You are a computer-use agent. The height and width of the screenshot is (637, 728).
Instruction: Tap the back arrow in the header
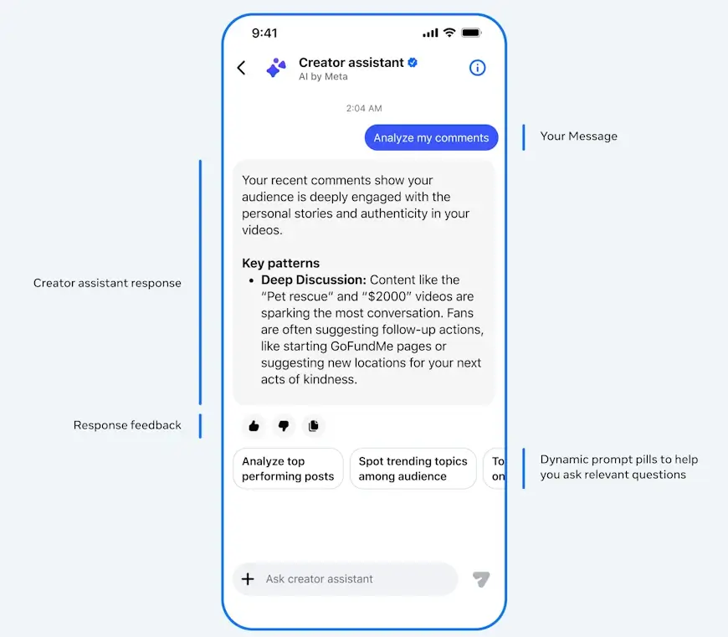[x=242, y=68]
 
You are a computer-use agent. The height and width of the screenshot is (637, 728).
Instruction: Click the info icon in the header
[x=477, y=68]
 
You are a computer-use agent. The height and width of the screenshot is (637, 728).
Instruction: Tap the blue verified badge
[x=413, y=62]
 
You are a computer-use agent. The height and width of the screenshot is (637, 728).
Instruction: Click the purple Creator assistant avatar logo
[x=276, y=68]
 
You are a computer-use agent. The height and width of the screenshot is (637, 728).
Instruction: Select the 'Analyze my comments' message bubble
[x=431, y=137]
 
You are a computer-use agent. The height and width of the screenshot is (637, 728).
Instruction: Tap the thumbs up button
[x=254, y=426]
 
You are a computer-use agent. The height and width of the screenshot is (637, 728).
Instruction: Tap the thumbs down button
[x=284, y=426]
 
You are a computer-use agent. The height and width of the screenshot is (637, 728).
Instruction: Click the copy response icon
[x=314, y=426]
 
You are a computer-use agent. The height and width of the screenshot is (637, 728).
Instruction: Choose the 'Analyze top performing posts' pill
[x=288, y=469]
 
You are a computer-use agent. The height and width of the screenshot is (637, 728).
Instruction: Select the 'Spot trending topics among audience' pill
[x=413, y=469]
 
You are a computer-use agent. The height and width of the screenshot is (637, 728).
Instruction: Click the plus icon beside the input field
[x=248, y=579]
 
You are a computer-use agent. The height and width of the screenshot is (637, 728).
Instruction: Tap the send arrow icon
[x=481, y=579]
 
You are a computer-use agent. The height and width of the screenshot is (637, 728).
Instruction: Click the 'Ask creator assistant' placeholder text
[x=320, y=579]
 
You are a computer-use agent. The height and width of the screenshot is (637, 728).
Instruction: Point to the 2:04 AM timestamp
[x=364, y=108]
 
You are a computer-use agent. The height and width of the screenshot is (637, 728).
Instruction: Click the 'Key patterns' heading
[x=281, y=263]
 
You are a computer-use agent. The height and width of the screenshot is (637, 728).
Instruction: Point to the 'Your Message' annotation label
[x=578, y=136]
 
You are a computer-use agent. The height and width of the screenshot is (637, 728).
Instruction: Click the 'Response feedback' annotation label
[x=127, y=425]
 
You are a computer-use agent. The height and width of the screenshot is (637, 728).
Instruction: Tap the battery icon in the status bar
[x=471, y=33]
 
